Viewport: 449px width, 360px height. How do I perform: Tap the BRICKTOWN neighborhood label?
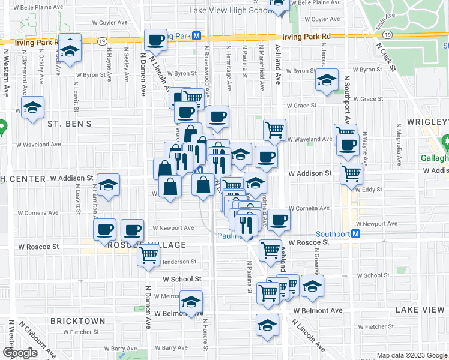(x=78, y=321)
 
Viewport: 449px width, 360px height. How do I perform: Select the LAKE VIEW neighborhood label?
(x=420, y=310)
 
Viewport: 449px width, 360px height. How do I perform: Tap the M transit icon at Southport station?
(x=356, y=233)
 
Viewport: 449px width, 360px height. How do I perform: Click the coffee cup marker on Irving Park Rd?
(x=156, y=40)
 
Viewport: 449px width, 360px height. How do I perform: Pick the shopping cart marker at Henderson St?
(x=148, y=255)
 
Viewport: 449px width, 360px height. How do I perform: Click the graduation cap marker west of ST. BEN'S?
(x=33, y=108)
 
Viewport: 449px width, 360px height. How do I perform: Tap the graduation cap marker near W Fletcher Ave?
(x=267, y=325)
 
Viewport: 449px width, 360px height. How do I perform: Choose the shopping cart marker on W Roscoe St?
(x=271, y=249)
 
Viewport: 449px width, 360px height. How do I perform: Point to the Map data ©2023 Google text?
(x=412, y=355)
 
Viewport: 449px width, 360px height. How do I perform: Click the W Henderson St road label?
(x=178, y=262)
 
